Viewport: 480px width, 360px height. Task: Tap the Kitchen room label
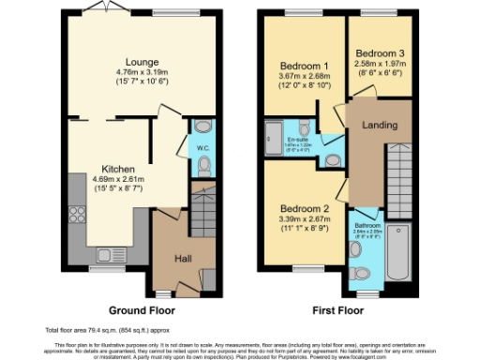(x=118, y=170)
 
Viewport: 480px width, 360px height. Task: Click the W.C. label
(x=203, y=147)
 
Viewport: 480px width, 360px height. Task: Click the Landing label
(x=381, y=125)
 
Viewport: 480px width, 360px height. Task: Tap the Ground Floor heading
(x=141, y=308)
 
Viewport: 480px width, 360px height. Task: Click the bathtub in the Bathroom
(x=397, y=251)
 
